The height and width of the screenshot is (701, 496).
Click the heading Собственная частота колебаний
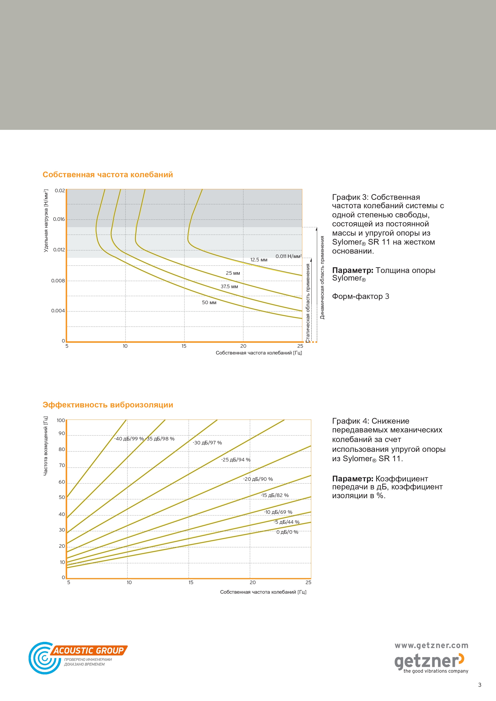click(x=108, y=175)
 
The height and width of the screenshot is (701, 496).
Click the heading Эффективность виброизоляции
click(x=108, y=405)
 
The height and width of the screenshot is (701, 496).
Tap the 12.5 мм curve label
click(x=259, y=260)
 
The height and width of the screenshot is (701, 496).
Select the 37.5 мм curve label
click(x=229, y=286)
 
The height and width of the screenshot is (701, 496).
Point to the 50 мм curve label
click(x=209, y=303)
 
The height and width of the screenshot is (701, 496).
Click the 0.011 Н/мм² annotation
click(x=288, y=256)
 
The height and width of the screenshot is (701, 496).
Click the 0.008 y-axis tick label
click(x=58, y=281)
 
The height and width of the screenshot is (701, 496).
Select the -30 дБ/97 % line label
click(x=207, y=443)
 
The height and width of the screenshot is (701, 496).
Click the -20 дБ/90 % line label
click(x=258, y=479)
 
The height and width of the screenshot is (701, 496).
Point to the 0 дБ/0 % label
click(x=287, y=532)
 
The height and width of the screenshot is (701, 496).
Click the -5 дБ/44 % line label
click(x=286, y=522)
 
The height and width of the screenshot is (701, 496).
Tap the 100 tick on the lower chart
click(x=61, y=420)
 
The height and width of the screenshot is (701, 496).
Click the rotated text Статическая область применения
click(x=308, y=303)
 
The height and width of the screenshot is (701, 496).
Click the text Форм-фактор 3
click(x=361, y=297)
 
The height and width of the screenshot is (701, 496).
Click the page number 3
click(x=479, y=685)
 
